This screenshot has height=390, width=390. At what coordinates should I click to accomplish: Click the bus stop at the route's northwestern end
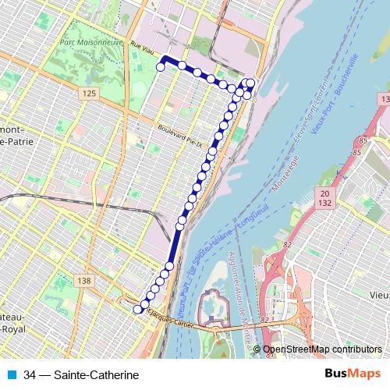pyautogui.click(x=161, y=68)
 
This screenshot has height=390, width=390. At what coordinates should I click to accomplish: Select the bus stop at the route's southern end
pyautogui.click(x=138, y=310)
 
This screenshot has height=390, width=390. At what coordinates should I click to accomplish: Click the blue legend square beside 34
pyautogui.click(x=13, y=374)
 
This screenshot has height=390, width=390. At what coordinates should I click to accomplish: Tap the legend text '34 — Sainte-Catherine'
pyautogui.click(x=76, y=374)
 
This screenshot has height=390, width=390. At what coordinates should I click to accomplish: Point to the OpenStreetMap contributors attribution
pyautogui.click(x=322, y=349)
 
